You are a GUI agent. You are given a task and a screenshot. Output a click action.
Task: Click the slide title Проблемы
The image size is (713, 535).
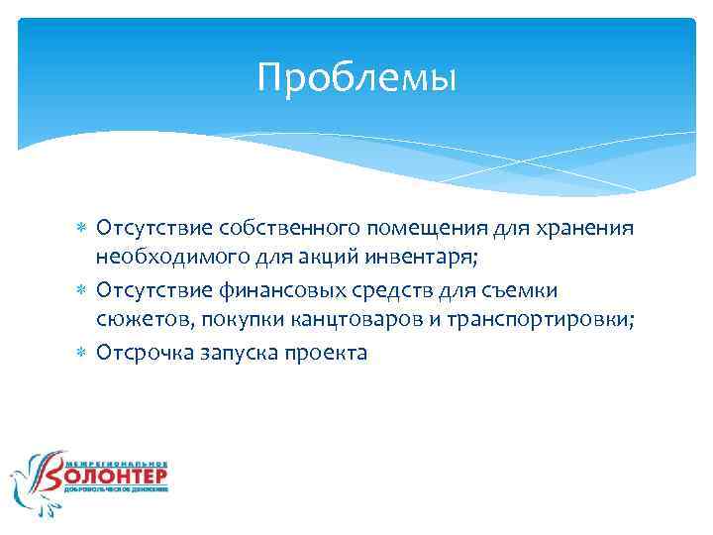pyautogui.click(x=356, y=78)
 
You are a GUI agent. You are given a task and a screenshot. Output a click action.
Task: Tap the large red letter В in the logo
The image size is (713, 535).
pyautogui.click(x=51, y=480)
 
